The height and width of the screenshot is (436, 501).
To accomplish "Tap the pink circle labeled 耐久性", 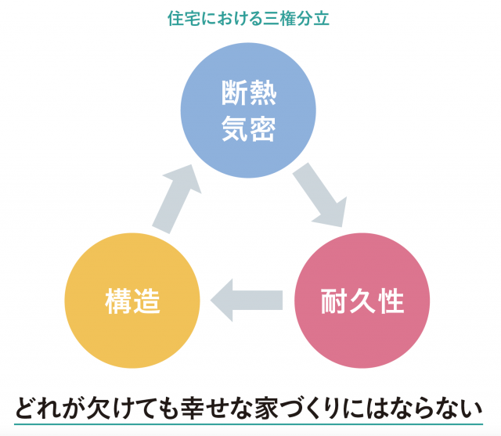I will point(362,301).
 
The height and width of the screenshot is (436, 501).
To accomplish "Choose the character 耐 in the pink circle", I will point(334,301).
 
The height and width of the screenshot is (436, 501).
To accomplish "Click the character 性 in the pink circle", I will point(391,301).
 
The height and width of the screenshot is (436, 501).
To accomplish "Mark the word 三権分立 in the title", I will point(298,18).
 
